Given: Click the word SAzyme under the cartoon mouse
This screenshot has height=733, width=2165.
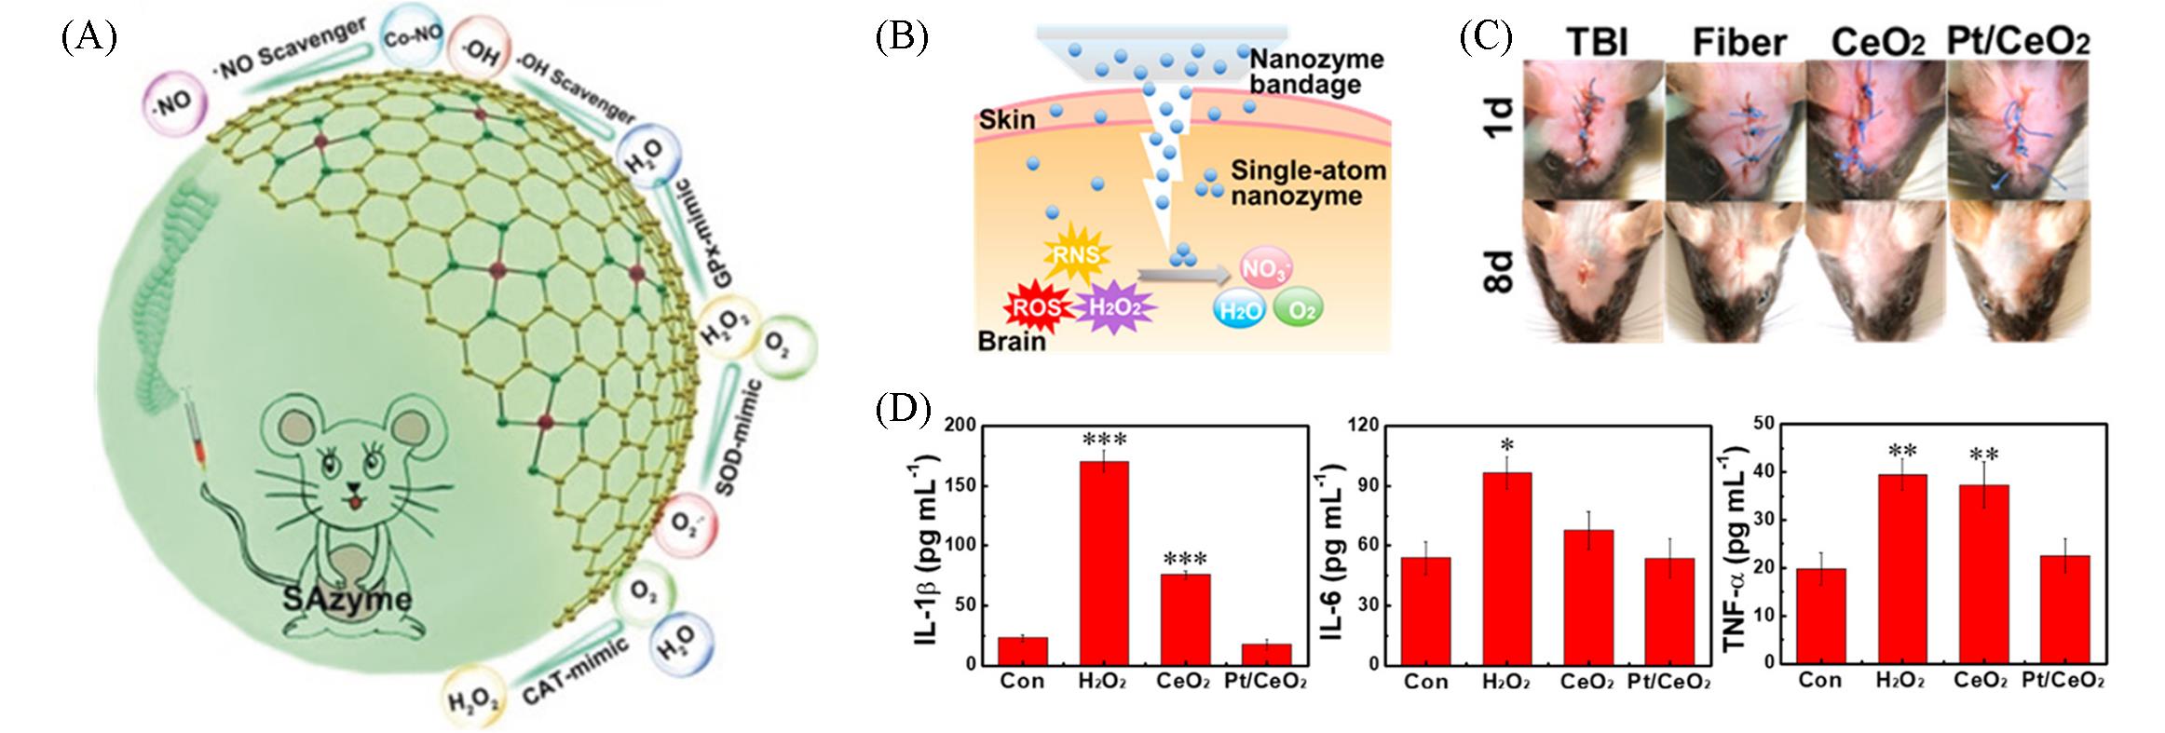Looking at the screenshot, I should pos(347,598).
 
